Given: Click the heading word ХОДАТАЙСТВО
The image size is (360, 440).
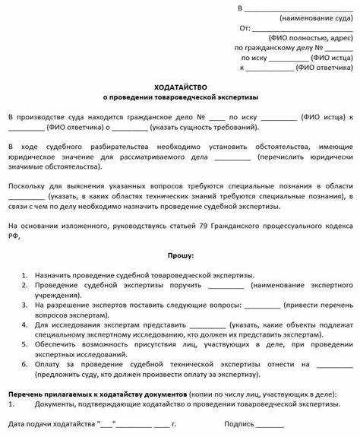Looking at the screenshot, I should [179, 87].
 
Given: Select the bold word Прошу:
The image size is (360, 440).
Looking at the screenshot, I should [179, 255].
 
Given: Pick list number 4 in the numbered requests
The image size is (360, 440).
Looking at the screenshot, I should [25, 324].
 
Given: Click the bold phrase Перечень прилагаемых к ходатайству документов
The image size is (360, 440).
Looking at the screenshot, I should [94, 395].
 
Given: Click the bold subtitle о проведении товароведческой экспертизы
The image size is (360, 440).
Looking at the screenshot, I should [180, 97].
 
